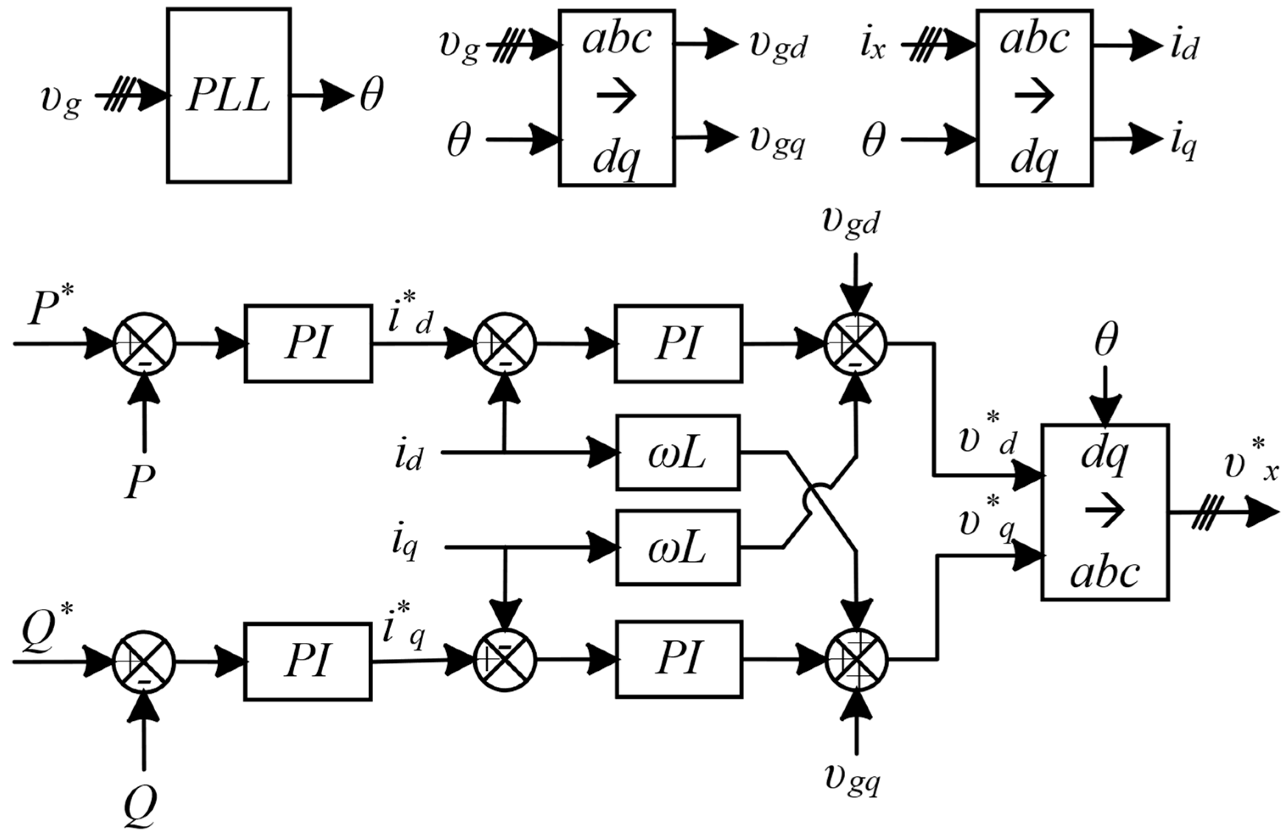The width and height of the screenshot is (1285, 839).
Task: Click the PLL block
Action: tap(229, 95)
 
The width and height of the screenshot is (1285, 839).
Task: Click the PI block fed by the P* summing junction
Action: tap(308, 343)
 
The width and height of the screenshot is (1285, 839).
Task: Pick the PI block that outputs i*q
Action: tap(308, 661)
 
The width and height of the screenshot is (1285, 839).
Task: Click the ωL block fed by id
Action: tap(678, 452)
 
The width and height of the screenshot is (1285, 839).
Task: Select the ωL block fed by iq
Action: tap(678, 547)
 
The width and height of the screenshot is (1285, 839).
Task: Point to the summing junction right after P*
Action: tap(145, 343)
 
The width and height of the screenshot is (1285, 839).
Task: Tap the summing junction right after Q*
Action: tap(144, 661)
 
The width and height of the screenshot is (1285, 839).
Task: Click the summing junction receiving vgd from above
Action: tap(856, 343)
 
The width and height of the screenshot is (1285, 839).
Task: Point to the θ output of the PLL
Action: tap(372, 95)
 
